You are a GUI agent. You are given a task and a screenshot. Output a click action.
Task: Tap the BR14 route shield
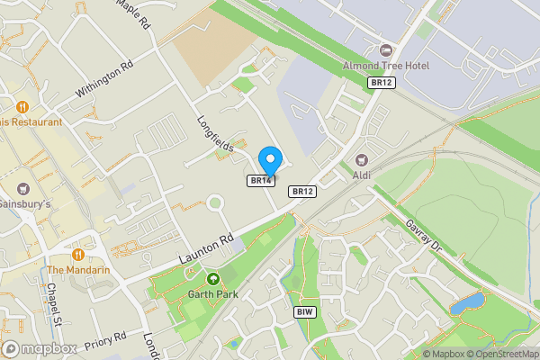coord(260,181)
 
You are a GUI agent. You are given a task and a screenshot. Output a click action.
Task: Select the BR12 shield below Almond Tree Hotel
coord(381,82)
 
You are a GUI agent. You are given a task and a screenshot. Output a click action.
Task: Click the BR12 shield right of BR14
coord(301,192)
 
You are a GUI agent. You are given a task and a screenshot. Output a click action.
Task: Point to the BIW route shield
coord(304,311)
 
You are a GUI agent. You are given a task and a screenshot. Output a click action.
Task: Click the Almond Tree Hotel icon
coord(386,49)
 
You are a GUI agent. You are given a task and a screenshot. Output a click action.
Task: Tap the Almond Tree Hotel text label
coord(386,66)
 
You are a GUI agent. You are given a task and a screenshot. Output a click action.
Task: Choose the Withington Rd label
coord(103,78)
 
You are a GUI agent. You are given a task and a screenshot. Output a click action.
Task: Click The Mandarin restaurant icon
coord(79,254)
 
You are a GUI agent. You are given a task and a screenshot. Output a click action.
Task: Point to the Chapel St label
coord(53,303)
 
